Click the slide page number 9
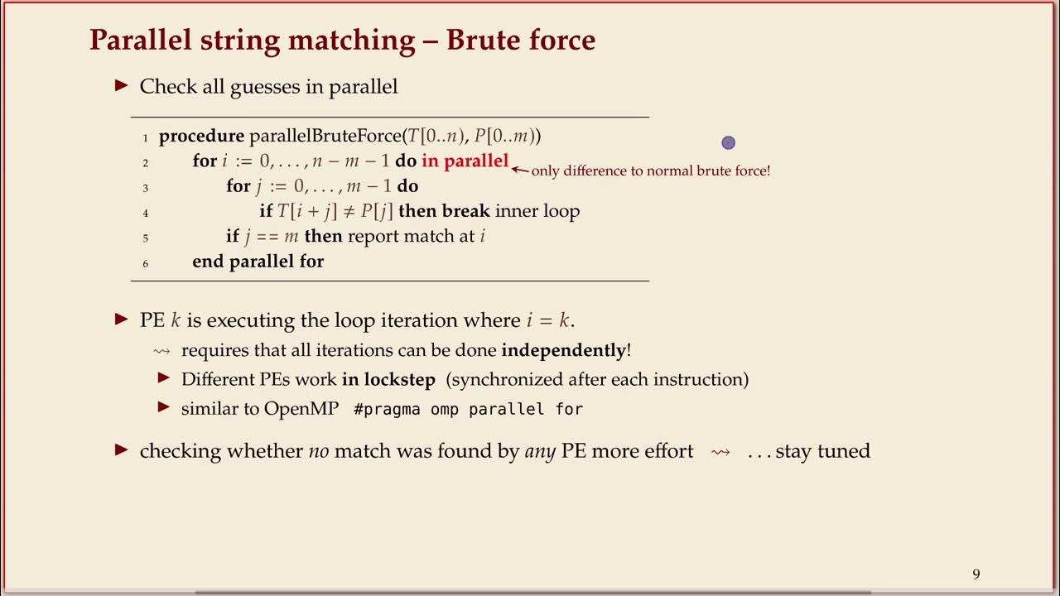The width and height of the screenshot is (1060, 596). [976, 574]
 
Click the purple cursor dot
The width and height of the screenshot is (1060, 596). [729, 143]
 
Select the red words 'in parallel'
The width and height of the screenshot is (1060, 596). [465, 161]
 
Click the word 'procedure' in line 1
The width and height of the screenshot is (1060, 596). [201, 136]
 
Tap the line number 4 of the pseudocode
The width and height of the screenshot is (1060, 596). [146, 213]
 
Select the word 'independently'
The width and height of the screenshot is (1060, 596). [563, 350]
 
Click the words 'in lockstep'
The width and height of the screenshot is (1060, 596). [390, 380]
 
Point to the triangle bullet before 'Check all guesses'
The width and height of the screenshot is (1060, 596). [122, 85]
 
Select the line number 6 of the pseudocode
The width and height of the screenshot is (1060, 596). [146, 263]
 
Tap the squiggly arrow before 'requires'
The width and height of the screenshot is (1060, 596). [161, 351]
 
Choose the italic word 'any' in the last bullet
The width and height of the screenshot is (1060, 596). [540, 452]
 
